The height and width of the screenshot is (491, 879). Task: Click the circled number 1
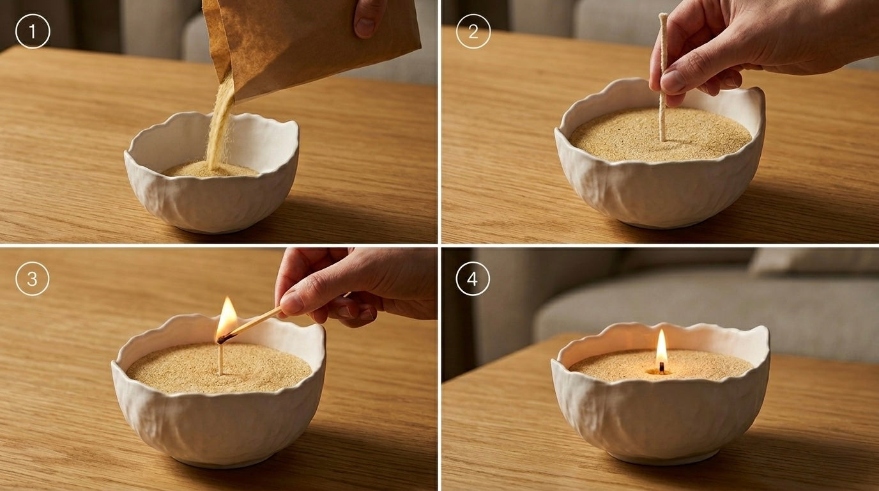(33, 31)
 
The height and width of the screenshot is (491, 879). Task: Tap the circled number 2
(473, 31)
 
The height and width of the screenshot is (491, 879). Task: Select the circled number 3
(33, 279)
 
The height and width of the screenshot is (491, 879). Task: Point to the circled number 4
(473, 279)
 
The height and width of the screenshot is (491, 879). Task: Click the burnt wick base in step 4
(662, 368)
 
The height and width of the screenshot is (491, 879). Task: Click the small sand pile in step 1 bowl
(210, 169)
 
